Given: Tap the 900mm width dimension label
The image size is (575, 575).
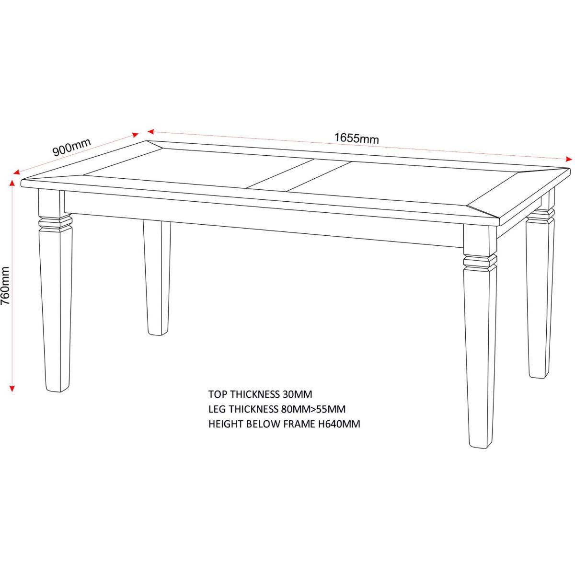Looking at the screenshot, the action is point(71,148).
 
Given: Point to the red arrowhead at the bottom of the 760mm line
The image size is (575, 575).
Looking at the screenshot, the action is point(12,388).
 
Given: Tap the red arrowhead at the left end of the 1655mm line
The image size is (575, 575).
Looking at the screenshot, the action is point(150,131).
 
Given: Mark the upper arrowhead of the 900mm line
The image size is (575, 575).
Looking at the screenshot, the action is point(136,135).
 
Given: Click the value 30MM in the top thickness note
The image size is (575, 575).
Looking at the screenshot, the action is point(297,394).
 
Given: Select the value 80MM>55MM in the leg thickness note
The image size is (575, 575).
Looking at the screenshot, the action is point(313,409).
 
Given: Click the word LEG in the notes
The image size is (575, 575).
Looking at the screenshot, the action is point(217,409).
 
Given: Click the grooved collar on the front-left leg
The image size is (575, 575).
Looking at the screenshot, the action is point(56,224).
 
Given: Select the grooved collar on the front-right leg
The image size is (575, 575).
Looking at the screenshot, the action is point(480,262).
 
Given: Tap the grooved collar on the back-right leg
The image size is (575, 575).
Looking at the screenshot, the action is point(540,216).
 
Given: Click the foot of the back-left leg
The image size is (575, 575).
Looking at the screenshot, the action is point(158,330).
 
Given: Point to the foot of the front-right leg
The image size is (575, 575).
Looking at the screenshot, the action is point(479,442).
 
